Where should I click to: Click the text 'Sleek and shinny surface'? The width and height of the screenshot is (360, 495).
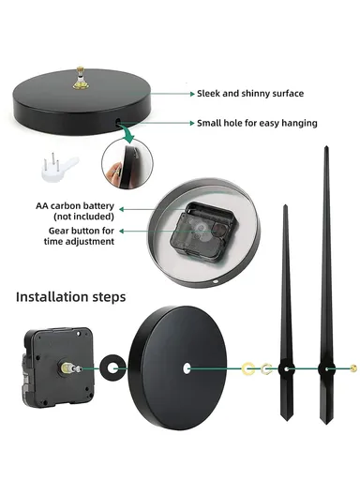[x=250, y=94]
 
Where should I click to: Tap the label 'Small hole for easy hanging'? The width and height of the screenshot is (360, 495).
[x=257, y=123]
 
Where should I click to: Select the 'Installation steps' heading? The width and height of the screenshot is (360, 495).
[x=70, y=297]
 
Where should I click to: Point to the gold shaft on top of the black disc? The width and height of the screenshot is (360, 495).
[x=81, y=78]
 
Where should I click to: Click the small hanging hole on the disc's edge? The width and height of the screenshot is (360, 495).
[x=118, y=122]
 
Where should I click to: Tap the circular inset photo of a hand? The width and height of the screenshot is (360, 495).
[x=127, y=163]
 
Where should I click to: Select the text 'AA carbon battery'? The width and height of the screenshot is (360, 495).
[x=75, y=206]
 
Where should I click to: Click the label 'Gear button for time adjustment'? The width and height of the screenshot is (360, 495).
[x=79, y=236]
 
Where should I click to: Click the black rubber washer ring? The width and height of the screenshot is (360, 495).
[x=112, y=368]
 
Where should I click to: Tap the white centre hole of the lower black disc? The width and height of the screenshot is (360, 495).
[x=187, y=368]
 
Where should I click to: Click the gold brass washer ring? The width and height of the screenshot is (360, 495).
[x=248, y=369]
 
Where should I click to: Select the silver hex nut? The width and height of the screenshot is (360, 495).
[x=266, y=368]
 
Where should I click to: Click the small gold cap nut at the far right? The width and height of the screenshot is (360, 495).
[x=353, y=368]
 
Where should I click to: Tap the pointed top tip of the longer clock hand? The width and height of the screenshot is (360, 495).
[x=326, y=146]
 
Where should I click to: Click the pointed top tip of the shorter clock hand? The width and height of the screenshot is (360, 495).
[x=285, y=205]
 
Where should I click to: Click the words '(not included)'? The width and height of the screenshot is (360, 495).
[x=83, y=217]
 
